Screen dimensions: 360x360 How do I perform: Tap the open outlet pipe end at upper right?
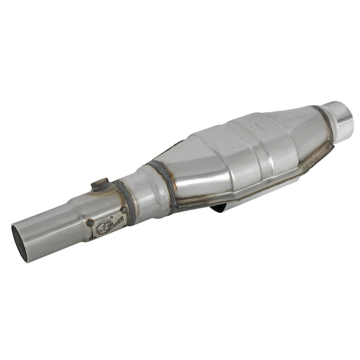coord(343,114)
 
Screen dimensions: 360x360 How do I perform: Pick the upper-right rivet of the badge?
coord(123,210)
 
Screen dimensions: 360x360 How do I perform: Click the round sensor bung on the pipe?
coord(101,184)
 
